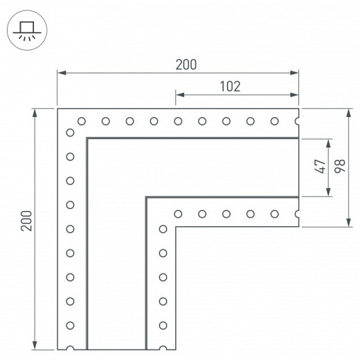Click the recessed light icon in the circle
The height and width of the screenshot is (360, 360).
[x=27, y=30]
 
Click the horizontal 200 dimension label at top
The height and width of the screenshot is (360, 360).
[x=186, y=64]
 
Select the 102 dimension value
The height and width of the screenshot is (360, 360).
[x=230, y=87]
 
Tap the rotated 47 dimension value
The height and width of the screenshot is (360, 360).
[x=321, y=166]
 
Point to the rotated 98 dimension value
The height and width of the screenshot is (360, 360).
[x=340, y=166]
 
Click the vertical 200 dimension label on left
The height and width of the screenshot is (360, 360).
[x=26, y=221]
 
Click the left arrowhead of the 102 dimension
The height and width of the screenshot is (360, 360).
[x=180, y=95]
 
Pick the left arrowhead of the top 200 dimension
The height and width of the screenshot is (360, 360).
[x=62, y=73]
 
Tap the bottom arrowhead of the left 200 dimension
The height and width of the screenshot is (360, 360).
[x=35, y=345]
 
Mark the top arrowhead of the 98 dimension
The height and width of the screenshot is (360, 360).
[x=349, y=113]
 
